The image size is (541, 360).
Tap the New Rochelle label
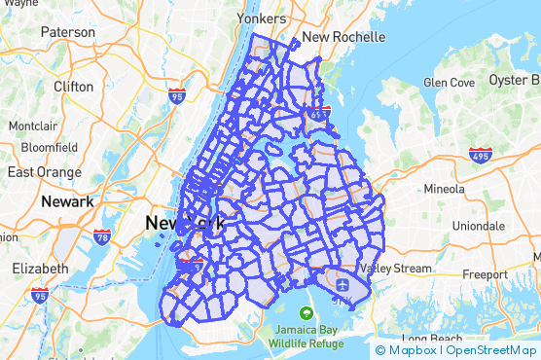tap(343, 37)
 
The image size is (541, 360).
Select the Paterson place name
tap(67, 32)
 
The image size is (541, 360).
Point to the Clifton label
tap(74, 86)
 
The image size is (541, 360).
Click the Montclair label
tap(33, 126)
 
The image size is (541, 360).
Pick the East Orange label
tap(42, 171)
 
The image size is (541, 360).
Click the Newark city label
tap(67, 201)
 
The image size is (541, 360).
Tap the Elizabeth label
tap(40, 268)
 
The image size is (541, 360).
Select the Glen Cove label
tap(448, 83)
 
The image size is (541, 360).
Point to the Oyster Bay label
tap(514, 79)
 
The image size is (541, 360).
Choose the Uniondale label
tap(479, 225)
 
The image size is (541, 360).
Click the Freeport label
tap(485, 274)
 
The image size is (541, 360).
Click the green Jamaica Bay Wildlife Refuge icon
tap(307, 313)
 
